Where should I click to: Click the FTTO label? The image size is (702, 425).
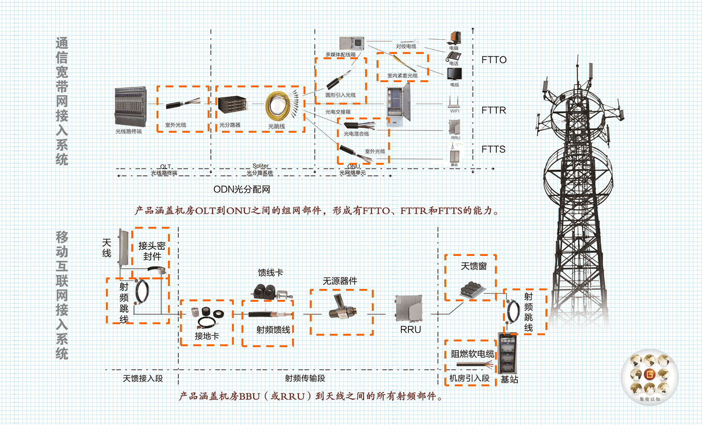point(493,60)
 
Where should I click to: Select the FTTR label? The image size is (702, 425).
point(493,110)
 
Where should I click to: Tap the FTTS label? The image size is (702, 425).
point(493,149)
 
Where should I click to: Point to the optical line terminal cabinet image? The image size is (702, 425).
point(129,106)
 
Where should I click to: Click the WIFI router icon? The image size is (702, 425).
point(454,102)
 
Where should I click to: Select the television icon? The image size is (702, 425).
point(454,74)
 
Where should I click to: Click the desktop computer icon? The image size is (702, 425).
point(454,38)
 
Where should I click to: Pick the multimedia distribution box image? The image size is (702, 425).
point(351,43)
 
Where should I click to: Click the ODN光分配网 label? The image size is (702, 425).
point(241,190)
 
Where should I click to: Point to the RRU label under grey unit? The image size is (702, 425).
point(410,329)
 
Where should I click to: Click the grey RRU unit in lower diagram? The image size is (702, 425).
point(409,308)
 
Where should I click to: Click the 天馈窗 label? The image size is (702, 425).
point(473,266)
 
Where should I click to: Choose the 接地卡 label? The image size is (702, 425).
point(207,336)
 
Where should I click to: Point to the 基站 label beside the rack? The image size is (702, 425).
point(509,379)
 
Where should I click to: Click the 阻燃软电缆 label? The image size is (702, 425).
point(472,354)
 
